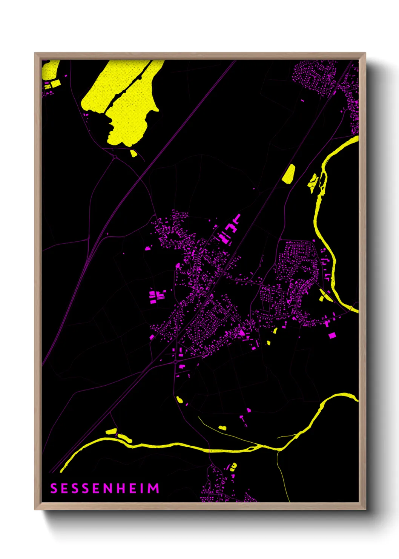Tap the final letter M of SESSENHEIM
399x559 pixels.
(153, 488)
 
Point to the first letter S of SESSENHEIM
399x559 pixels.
(54, 488)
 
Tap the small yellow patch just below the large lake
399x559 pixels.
(133, 153)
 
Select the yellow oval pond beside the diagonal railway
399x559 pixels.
(289, 174)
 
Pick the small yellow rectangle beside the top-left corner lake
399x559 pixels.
(55, 83)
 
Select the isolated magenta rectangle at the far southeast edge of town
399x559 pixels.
(332, 335)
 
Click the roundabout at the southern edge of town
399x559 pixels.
(176, 362)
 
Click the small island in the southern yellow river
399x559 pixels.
(250, 448)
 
